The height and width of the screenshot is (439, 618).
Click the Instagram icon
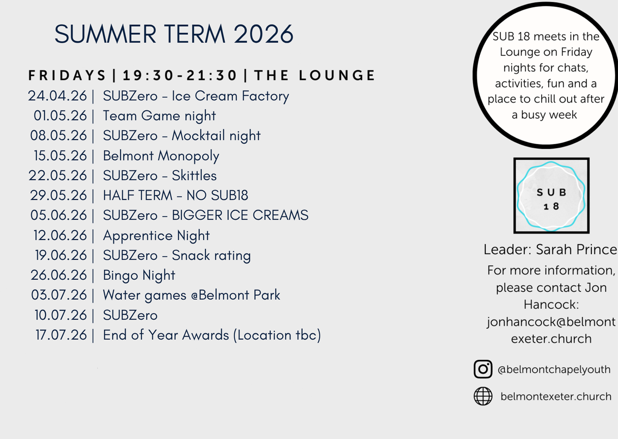pos(483,369)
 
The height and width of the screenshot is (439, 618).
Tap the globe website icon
pos(483,396)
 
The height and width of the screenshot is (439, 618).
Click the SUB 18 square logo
pos(551,196)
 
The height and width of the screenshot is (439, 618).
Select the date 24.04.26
pos(57,96)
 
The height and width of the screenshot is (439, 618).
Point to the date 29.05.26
pos(58,196)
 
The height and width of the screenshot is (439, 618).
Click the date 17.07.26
pos(61,335)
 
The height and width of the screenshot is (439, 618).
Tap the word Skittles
pos(194,176)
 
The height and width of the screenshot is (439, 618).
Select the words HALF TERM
pos(138,196)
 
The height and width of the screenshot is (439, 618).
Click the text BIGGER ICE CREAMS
pos(240,215)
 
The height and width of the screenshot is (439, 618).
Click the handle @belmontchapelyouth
pos(554,370)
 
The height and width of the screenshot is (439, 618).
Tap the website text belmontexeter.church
pos(556,396)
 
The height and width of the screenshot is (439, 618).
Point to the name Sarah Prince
pos(576,249)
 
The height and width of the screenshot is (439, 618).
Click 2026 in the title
pos(264,34)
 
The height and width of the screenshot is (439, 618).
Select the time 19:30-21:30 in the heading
pos(180,75)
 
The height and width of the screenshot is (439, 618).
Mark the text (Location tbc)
pos(277,335)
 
